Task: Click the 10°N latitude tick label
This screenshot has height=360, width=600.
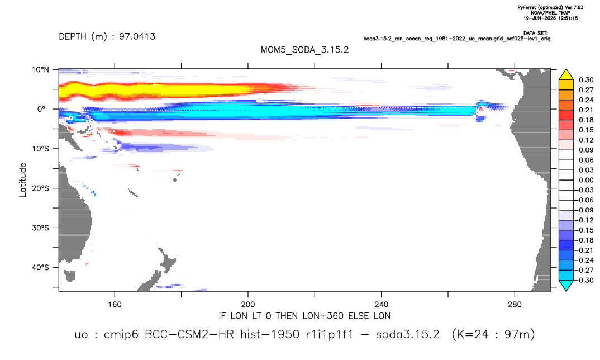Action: click(40, 70)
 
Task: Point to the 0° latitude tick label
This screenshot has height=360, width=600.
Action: click(41, 109)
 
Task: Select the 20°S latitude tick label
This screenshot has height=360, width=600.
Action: click(40, 188)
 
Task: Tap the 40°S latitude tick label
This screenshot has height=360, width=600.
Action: click(40, 267)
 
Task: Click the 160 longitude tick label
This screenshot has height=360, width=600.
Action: click(115, 305)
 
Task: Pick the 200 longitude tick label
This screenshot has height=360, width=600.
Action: click(248, 305)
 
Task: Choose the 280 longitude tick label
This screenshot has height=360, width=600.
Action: click(515, 305)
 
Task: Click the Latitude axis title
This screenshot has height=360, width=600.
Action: click(23, 180)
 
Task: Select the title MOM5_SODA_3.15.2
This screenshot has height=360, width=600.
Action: click(304, 50)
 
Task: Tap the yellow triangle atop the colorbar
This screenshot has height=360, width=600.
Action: click(566, 75)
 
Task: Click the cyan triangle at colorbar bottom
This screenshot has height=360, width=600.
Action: click(566, 285)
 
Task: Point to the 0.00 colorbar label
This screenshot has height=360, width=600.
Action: click(586, 180)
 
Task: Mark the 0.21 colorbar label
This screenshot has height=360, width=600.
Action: click(586, 110)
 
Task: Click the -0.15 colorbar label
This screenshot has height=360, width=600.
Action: click(585, 230)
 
